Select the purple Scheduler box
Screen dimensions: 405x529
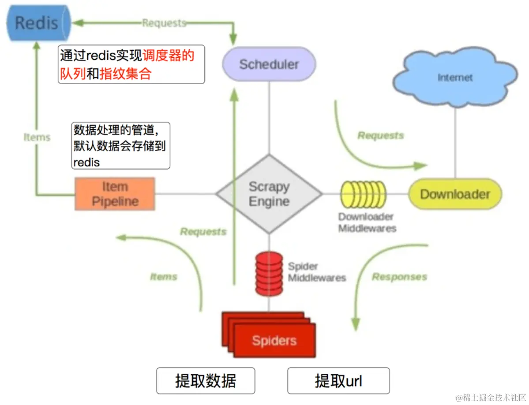(269, 64)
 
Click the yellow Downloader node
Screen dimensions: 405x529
(455, 194)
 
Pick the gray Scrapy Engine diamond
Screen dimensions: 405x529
(269, 194)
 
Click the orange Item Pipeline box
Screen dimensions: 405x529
(115, 194)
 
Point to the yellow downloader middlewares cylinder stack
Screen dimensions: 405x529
(363, 194)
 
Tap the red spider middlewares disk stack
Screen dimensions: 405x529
(269, 273)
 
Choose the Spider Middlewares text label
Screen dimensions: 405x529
(317, 272)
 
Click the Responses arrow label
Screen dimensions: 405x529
(399, 277)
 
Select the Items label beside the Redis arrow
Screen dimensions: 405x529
(37, 137)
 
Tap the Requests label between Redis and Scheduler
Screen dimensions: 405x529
(164, 23)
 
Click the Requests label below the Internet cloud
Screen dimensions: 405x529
(380, 135)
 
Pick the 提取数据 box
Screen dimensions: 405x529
(206, 381)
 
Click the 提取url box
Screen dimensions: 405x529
(338, 381)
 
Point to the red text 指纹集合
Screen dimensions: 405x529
(126, 74)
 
